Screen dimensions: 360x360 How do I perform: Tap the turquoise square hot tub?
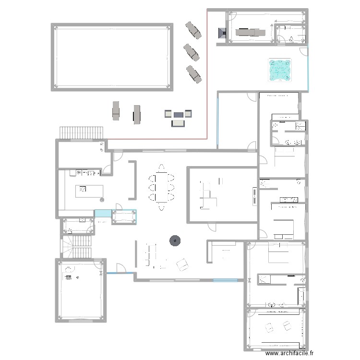[279, 70]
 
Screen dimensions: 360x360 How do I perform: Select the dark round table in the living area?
[174, 241]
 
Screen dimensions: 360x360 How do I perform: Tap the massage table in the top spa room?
[250, 32]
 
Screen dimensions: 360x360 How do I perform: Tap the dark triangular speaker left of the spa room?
[222, 33]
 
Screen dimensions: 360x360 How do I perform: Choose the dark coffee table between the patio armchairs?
[178, 114]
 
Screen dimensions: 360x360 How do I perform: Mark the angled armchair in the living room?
[182, 264]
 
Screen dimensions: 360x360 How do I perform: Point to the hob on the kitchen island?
[82, 189]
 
